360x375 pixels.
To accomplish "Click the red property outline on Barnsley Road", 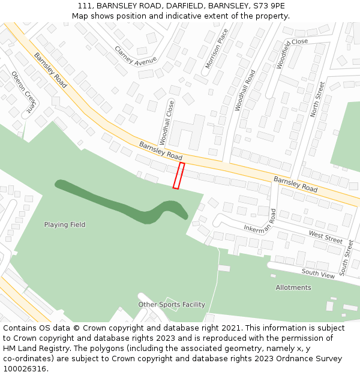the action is pos(178,175).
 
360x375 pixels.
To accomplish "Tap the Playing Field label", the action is pos(65,225).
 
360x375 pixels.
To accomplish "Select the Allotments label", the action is pos(293,287).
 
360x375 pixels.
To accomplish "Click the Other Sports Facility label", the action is pos(172,305).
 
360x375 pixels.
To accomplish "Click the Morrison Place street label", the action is pos(217,48).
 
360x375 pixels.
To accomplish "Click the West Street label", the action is pos(326,236).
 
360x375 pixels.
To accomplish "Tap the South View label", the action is pos(318,274).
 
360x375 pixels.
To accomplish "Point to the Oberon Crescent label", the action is pos(24,93).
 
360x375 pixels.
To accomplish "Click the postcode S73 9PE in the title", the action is pos(268,6).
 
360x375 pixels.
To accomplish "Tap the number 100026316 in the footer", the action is pos(25,369).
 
